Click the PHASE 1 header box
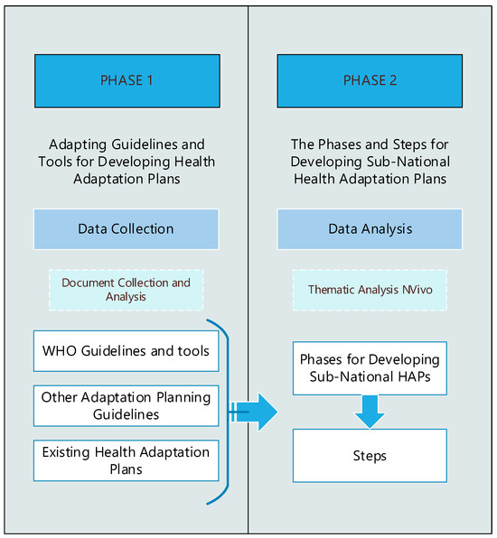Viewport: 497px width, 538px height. click(x=126, y=80)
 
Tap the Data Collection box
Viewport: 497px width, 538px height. click(x=126, y=229)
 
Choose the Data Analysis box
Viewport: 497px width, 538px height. click(x=370, y=229)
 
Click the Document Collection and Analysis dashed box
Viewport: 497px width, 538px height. click(x=126, y=290)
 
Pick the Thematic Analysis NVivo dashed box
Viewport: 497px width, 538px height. click(x=370, y=290)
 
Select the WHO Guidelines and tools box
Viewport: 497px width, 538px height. click(x=126, y=351)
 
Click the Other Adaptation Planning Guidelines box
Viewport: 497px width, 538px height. click(x=126, y=405)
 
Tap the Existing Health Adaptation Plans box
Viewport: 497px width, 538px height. click(x=126, y=460)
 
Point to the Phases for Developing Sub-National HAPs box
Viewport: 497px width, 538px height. click(x=370, y=367)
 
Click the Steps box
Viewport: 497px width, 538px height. click(x=370, y=456)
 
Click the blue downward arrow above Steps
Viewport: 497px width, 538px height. click(x=370, y=411)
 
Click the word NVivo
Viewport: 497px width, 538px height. click(x=411, y=290)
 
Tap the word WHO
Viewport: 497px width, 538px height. click(x=61, y=351)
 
